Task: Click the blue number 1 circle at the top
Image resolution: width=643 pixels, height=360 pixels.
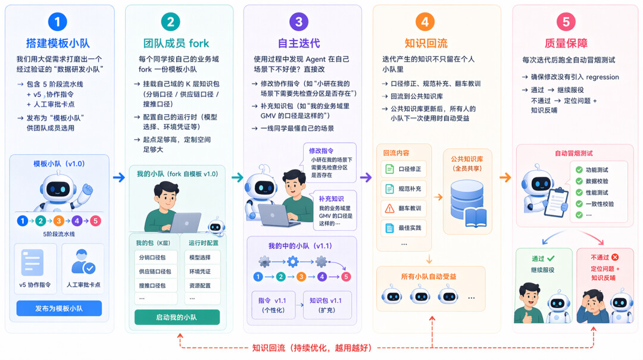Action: coord(57,22)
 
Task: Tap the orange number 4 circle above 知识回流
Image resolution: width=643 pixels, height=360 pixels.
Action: coord(425,22)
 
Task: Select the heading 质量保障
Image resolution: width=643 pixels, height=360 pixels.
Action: coord(566,43)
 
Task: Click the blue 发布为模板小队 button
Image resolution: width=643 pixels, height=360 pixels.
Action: coord(59,308)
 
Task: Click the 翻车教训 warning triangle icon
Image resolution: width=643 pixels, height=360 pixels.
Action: coord(389,208)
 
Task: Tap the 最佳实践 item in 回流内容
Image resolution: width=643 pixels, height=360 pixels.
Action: coord(404,228)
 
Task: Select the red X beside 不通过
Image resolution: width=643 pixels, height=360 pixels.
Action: coord(614,257)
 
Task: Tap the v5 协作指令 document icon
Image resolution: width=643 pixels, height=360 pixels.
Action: coord(32,262)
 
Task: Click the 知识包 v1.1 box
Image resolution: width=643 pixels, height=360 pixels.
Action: coord(327,305)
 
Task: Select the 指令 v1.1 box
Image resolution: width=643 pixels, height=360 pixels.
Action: coord(273,305)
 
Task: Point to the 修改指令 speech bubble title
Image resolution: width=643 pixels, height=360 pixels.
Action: coord(321,151)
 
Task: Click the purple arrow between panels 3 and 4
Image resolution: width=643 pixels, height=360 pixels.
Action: coord(366,177)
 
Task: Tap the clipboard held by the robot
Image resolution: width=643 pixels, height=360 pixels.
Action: coord(556,202)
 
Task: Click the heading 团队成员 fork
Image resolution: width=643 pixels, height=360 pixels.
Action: coord(176,43)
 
